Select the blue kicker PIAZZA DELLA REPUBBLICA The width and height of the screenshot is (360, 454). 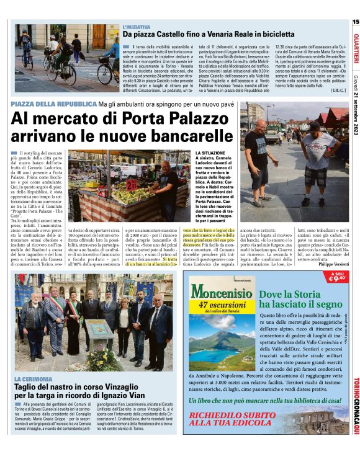(55, 104)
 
